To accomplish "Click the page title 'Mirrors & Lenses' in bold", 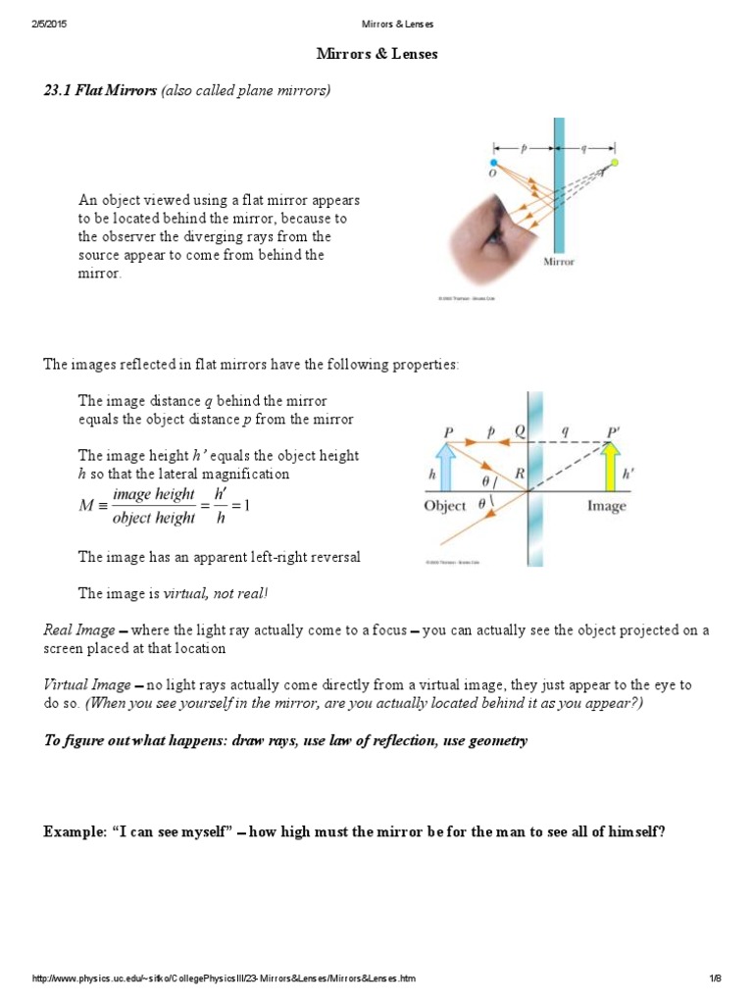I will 376,54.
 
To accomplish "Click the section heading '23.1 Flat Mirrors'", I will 100,91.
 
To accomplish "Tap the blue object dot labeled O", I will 494,163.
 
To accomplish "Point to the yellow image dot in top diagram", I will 615,163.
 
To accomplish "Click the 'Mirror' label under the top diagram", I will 559,263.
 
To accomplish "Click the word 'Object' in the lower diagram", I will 445,506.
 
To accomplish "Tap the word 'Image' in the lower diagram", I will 606,506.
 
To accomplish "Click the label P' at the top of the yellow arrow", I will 614,431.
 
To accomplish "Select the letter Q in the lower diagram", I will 521,431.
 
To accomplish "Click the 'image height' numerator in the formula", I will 154,495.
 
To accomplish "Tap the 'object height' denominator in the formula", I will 154,518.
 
